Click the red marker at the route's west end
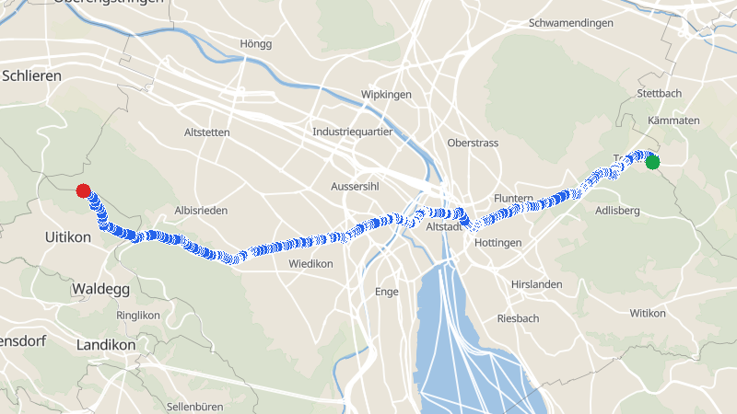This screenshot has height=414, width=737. click(x=83, y=191)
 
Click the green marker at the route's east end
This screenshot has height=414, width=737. click(x=652, y=163)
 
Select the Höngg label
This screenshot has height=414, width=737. click(x=255, y=44)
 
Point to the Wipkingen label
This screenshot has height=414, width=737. click(x=386, y=95)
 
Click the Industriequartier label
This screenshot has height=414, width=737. click(x=353, y=132)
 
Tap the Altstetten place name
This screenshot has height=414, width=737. click(x=207, y=132)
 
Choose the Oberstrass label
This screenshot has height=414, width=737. click(x=472, y=144)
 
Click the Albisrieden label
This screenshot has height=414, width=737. click(x=201, y=211)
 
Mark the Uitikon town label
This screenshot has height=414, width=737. click(x=68, y=237)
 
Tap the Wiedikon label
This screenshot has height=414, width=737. click(x=310, y=264)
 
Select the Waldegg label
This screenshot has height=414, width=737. click(x=100, y=289)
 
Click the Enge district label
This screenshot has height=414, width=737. click(x=387, y=292)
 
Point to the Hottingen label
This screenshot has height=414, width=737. click(x=497, y=243)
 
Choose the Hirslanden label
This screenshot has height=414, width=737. click(x=536, y=284)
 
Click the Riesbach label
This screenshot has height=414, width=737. click(x=518, y=318)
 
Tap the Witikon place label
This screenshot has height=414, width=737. click(x=648, y=314)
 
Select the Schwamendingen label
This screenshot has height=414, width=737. click(x=570, y=23)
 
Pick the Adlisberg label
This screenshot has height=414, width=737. click(x=617, y=211)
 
